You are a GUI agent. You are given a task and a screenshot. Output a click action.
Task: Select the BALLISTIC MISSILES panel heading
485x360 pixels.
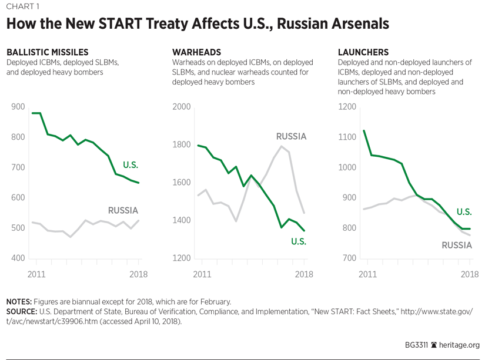[x=47, y=52]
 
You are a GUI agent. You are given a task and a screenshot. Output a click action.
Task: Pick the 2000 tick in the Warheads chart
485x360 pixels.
[x=182, y=107]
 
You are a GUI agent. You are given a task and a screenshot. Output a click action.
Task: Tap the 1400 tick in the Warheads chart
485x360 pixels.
[x=182, y=220]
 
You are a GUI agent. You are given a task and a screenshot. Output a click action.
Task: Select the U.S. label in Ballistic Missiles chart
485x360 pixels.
[x=130, y=164]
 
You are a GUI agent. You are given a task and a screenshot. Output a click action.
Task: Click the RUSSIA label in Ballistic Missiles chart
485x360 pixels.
[x=123, y=210]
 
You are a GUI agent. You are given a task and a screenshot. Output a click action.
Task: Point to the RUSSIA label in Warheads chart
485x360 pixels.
[x=291, y=136]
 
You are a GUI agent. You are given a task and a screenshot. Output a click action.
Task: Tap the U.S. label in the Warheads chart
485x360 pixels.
[x=299, y=241]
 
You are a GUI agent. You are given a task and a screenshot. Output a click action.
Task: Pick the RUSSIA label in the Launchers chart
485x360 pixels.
[x=457, y=245]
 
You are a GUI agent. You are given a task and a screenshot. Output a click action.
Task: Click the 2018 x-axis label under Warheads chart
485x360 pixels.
[x=303, y=274]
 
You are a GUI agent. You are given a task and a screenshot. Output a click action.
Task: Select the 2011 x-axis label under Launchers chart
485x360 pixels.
[x=367, y=274]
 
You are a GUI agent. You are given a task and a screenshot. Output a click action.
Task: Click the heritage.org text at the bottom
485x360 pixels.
[x=459, y=345]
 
